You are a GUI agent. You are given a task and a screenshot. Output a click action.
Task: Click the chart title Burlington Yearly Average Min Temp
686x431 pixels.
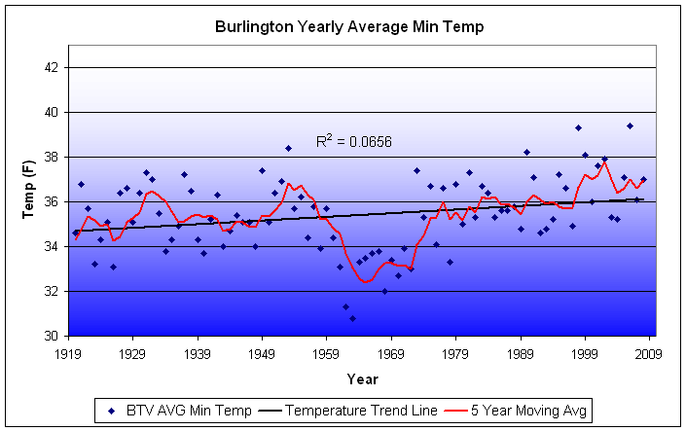(349, 27)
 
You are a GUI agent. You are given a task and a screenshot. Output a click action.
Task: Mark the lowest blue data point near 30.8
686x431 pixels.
(352, 318)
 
